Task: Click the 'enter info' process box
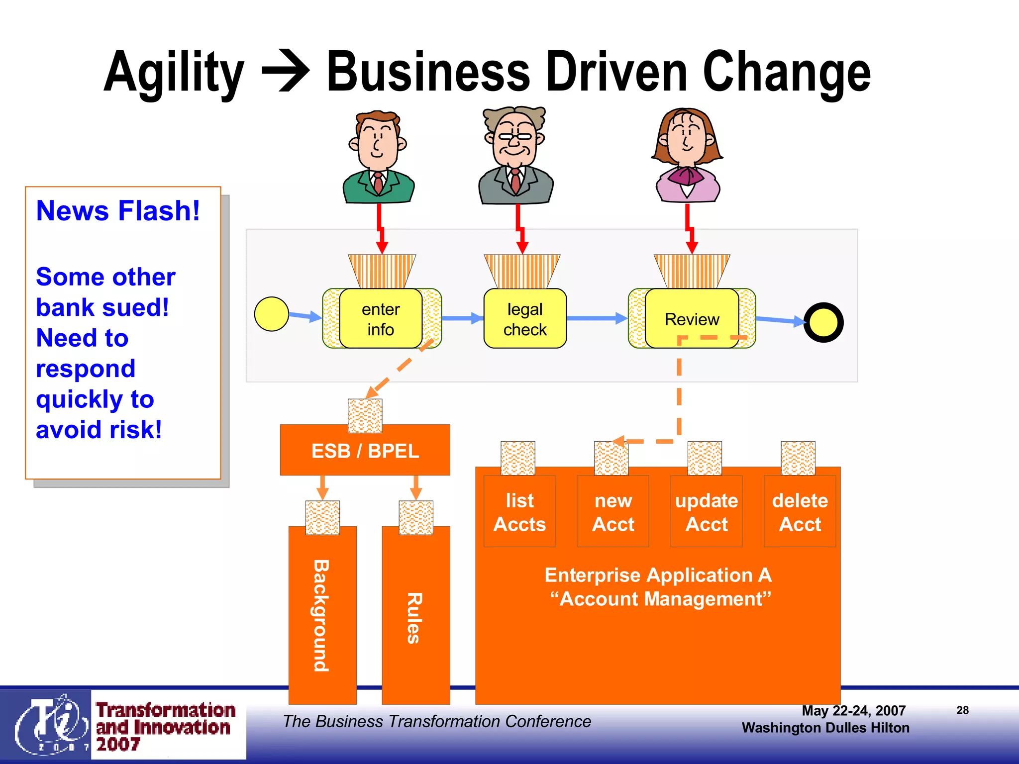point(381,319)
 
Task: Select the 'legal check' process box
point(525,319)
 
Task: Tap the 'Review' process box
point(692,319)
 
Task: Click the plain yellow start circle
point(271,314)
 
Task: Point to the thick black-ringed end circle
point(823,323)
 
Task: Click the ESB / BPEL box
point(365,451)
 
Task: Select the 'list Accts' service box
point(519,512)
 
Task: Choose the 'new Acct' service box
point(613,512)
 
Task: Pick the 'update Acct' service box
point(707,512)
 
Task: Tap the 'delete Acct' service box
point(800,512)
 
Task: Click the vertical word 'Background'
point(322,616)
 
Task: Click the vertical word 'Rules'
point(414,618)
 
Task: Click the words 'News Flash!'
point(118,210)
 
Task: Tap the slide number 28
point(962,710)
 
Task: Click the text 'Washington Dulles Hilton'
point(825,728)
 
